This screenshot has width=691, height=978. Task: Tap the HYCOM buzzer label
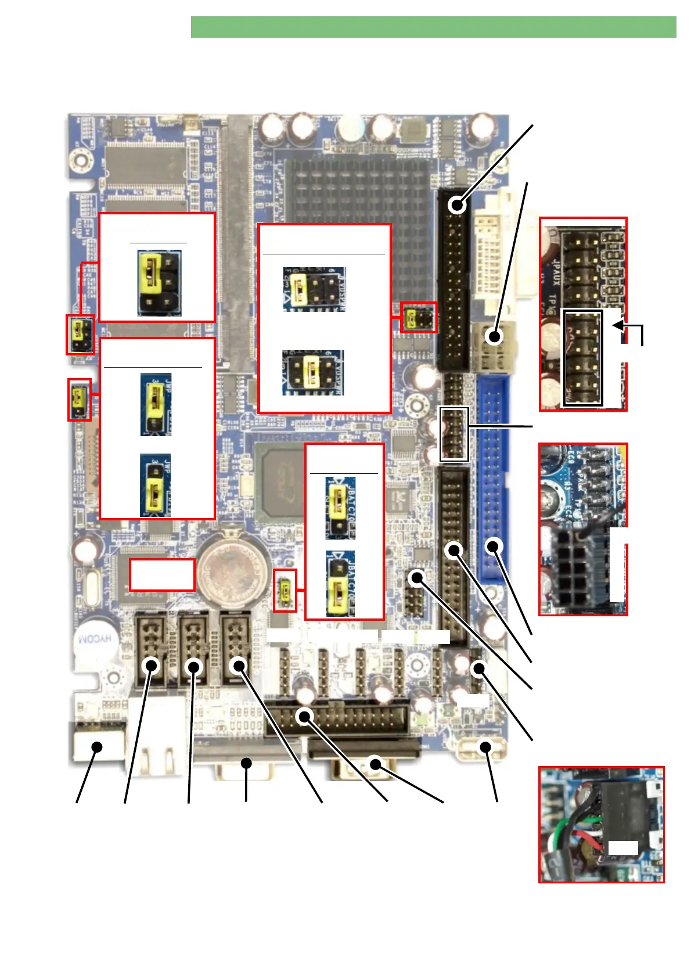94,639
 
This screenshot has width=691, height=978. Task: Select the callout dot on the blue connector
494,545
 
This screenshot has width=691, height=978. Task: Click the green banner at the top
433,27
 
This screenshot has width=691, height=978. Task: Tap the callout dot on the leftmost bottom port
97,747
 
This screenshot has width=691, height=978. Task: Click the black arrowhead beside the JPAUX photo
619,325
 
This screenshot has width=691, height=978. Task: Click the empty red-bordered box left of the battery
162,574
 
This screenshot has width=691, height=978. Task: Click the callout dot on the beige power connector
494,337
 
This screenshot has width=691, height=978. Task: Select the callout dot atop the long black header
458,205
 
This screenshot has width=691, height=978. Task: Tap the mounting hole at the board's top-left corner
81,157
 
